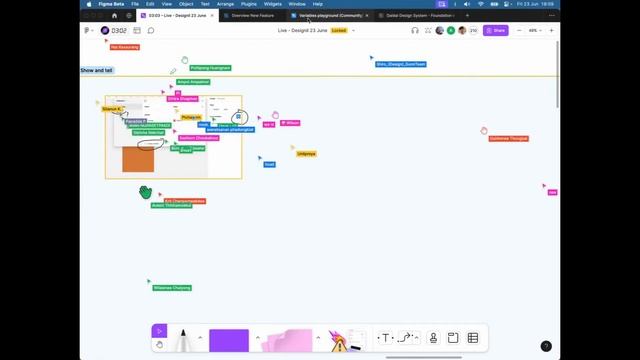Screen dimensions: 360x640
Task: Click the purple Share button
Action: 496,30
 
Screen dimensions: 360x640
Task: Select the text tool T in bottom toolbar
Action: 385,338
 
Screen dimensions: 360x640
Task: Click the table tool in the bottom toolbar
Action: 473,338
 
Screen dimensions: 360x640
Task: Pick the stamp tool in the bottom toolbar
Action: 433,338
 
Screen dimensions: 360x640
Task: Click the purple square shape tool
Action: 229,340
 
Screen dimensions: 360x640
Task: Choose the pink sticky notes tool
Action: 287,341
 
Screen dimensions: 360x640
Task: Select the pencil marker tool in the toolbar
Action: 183,339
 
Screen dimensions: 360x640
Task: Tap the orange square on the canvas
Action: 138,158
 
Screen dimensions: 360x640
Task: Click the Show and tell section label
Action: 97,70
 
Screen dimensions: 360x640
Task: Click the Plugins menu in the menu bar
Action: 249,4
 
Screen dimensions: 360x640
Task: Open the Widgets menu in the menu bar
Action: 273,4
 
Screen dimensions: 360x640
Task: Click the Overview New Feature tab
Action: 253,15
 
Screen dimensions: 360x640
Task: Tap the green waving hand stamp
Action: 146,191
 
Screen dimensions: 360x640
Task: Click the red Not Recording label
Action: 125,47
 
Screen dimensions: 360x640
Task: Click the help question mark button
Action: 545,346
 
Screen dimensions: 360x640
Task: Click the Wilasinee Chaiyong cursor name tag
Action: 172,288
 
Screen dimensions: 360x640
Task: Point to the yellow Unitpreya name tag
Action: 306,154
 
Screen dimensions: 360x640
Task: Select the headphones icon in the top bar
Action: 415,30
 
